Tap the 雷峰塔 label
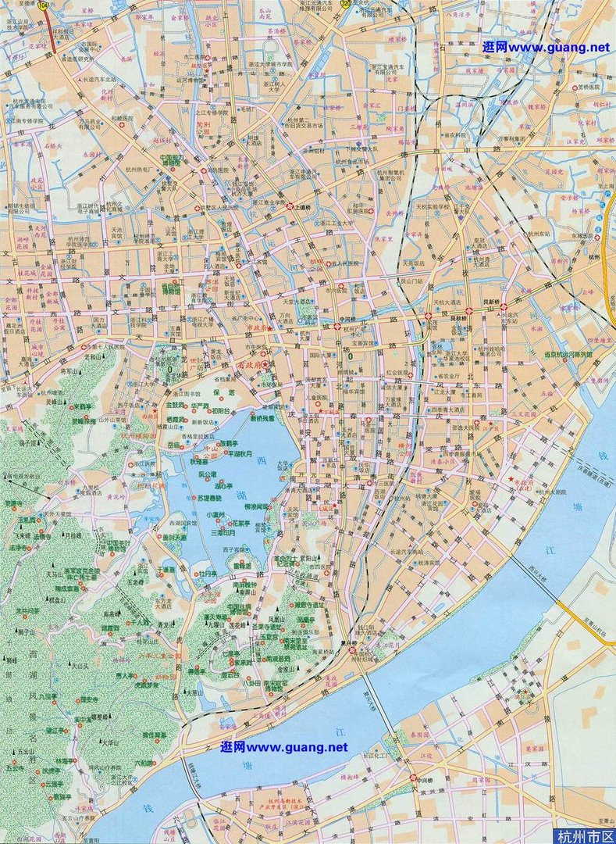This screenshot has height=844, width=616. click(x=243, y=565)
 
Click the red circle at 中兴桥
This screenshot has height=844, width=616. click(x=414, y=778)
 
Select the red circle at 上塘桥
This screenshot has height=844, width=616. click(x=290, y=206)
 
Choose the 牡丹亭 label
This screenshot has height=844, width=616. click(x=207, y=573)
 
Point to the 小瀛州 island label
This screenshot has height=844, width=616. click(x=214, y=515)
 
